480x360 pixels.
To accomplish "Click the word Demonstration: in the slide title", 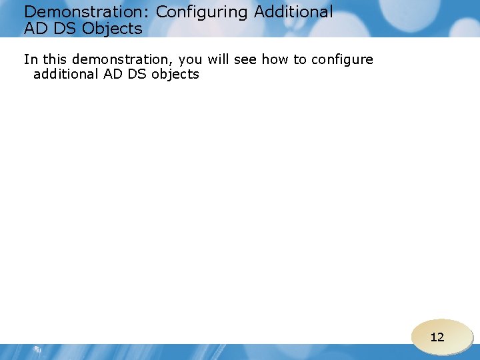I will pos(87,12).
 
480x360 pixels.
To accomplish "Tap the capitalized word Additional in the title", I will pos(293,12).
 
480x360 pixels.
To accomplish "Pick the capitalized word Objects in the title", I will pos(113,29).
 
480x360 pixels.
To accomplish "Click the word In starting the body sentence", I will pos(30,59).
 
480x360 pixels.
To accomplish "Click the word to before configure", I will pos(300,59).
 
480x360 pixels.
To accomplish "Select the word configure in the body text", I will pos(342,60).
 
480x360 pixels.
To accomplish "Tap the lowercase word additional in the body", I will pos(65,74).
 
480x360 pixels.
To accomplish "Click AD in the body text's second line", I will pos(112,74).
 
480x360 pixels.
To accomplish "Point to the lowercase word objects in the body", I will pos(175,75).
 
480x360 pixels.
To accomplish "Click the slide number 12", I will pos(437,337).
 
